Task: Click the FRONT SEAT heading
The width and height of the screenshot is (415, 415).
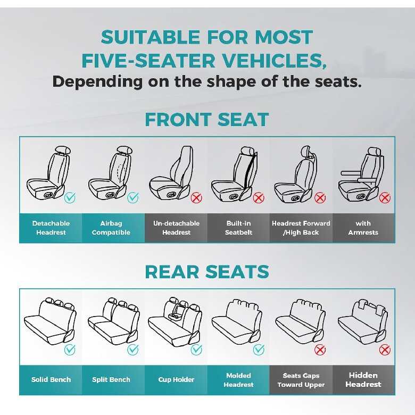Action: tap(207, 120)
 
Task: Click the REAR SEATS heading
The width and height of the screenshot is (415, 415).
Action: tap(207, 272)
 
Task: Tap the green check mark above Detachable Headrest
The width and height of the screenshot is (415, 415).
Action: tap(70, 197)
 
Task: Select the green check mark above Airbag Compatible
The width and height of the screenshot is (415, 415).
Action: tap(132, 197)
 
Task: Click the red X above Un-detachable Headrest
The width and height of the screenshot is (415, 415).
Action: tap(196, 197)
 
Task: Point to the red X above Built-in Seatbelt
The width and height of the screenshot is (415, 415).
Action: tap(259, 197)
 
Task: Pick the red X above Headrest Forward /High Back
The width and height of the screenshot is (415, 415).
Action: tap(320, 197)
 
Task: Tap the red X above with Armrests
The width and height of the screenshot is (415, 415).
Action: tap(385, 197)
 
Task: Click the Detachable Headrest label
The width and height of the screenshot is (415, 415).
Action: tap(51, 228)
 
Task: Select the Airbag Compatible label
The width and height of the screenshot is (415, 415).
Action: tap(111, 228)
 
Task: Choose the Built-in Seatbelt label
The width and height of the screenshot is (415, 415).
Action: tap(238, 228)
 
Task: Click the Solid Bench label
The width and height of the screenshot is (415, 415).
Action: tap(51, 379)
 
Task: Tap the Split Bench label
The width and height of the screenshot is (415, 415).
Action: tap(111, 379)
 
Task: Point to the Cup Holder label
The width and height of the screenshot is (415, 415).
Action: tap(176, 379)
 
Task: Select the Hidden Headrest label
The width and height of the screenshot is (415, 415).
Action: tap(363, 380)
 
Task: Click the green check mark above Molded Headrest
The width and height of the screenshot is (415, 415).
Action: tap(259, 350)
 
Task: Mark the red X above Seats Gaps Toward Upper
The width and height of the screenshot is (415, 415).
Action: tap(320, 350)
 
